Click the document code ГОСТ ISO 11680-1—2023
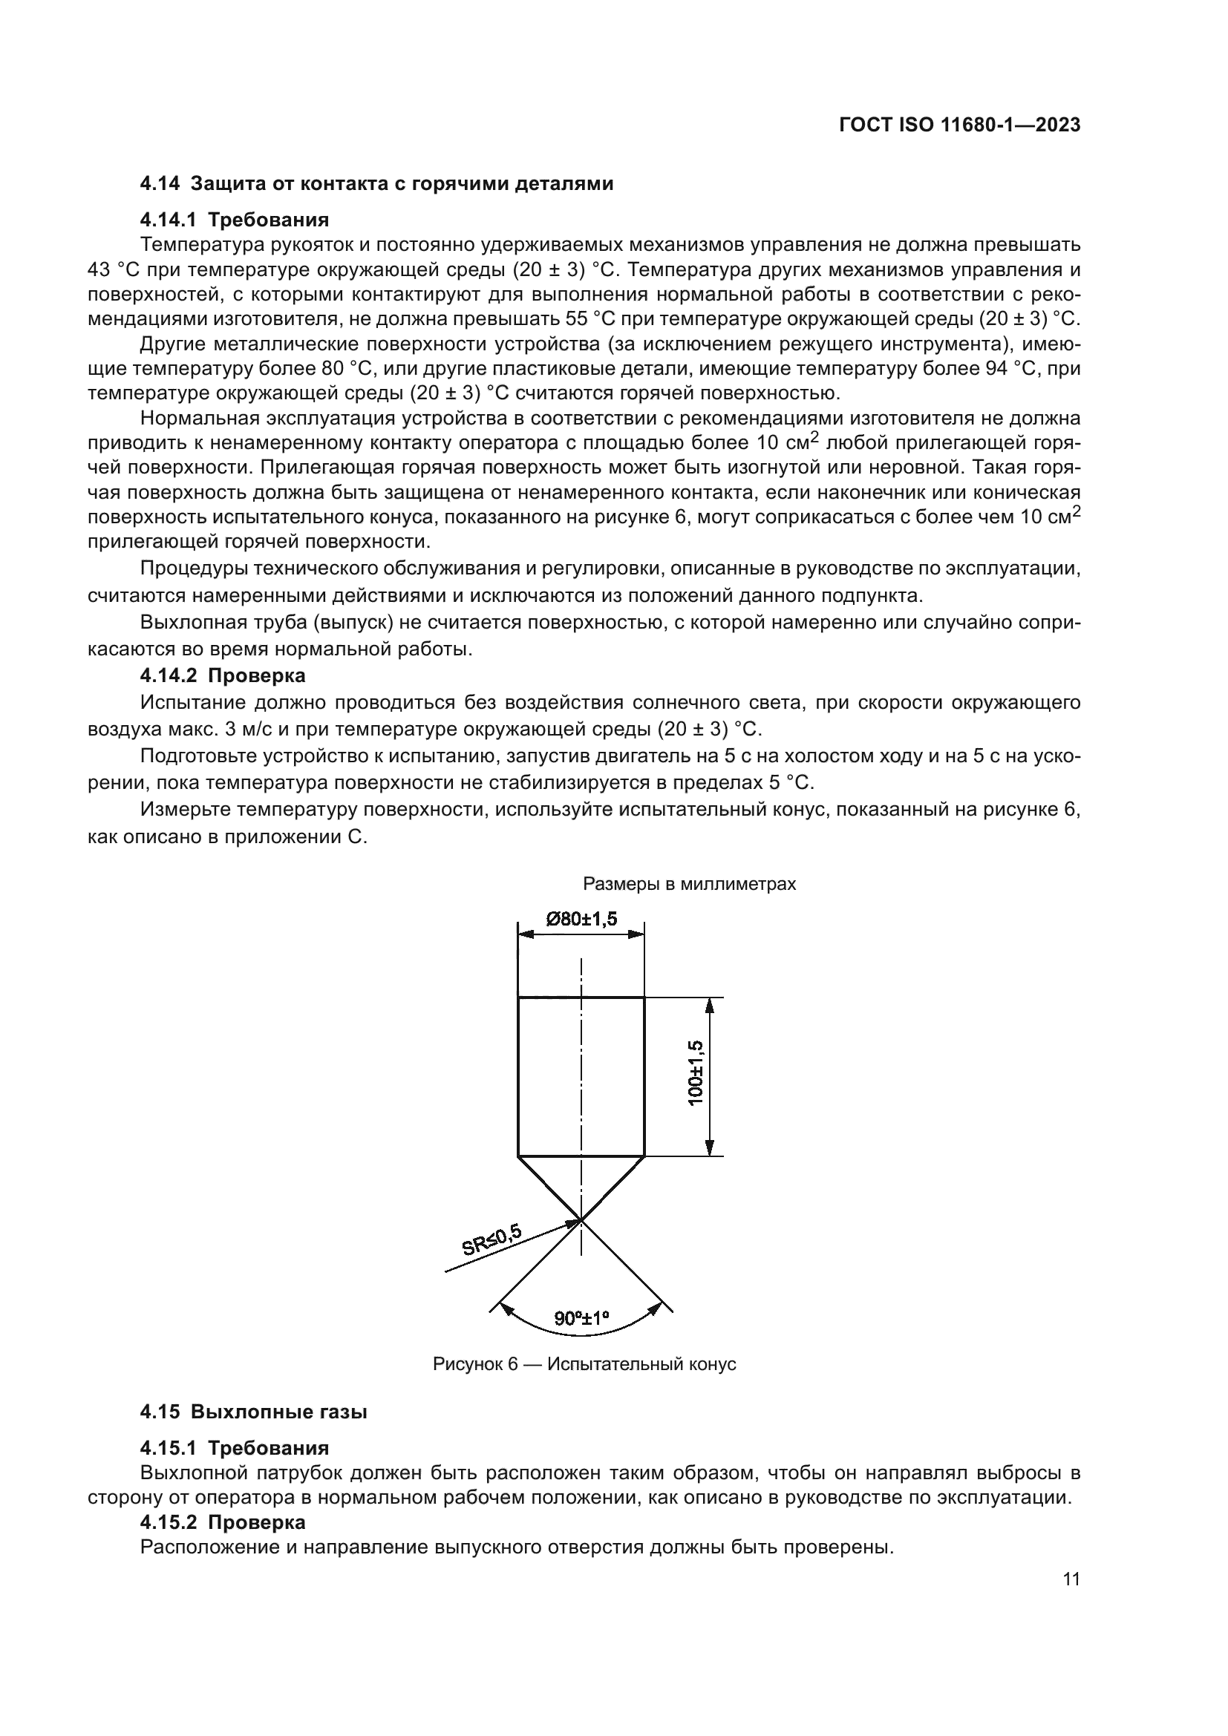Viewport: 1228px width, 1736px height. pos(958,125)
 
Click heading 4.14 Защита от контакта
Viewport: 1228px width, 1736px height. pos(376,184)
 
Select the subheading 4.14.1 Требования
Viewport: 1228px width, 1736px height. pos(235,220)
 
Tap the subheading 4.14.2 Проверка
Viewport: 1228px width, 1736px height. pos(222,675)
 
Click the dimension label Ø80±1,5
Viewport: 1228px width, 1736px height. pos(581,920)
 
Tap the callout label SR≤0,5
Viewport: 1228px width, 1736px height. pos(491,1240)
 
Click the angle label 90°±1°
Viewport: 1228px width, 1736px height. pos(581,1318)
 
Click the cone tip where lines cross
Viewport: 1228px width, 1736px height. pos(581,1219)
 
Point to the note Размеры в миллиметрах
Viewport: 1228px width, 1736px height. pos(689,884)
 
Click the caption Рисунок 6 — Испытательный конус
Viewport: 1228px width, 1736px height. pos(584,1364)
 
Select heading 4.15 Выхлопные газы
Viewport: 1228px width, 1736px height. pos(253,1412)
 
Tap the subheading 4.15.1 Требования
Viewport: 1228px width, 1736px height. pos(235,1449)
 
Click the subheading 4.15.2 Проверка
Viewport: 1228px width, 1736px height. pos(222,1522)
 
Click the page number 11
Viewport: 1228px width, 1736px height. pos(1071,1579)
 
